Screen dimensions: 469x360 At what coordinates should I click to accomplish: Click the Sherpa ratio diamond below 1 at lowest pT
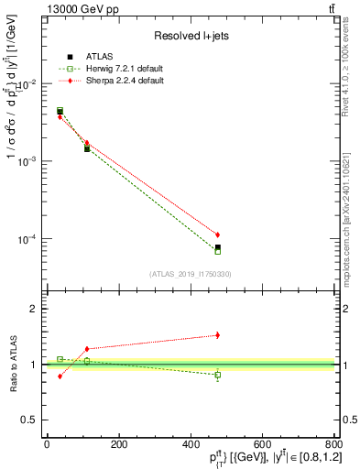tap(60, 376)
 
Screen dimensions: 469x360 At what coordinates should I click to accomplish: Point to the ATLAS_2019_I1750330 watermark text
tap(190, 274)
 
